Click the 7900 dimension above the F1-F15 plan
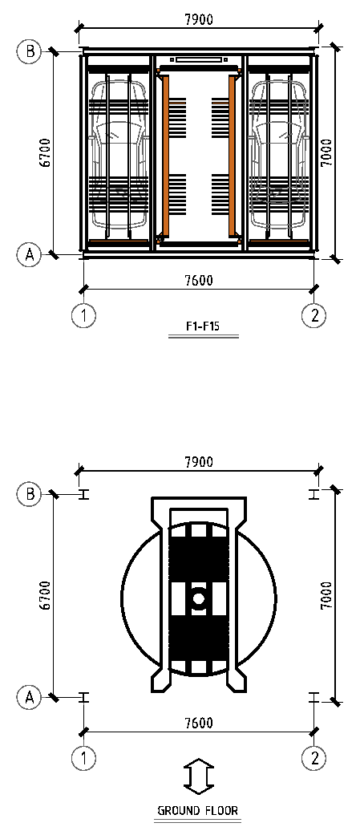click(x=199, y=19)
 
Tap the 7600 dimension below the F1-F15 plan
click(x=199, y=281)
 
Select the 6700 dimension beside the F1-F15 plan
click(x=45, y=152)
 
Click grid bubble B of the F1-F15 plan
click(x=30, y=51)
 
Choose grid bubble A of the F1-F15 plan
click(x=30, y=254)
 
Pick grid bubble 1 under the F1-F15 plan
click(x=83, y=316)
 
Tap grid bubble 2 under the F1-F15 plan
click(x=314, y=316)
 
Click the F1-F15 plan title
click(x=203, y=326)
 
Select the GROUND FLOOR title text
click(x=198, y=810)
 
